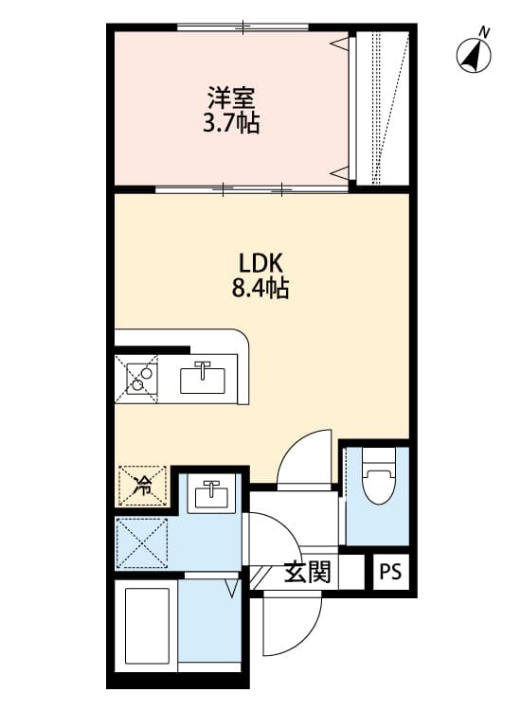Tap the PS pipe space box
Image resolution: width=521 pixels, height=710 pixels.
pos(390,573)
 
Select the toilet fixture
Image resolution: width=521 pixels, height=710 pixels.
pos(377,484)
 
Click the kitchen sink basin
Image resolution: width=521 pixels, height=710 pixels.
pos(203,380)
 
